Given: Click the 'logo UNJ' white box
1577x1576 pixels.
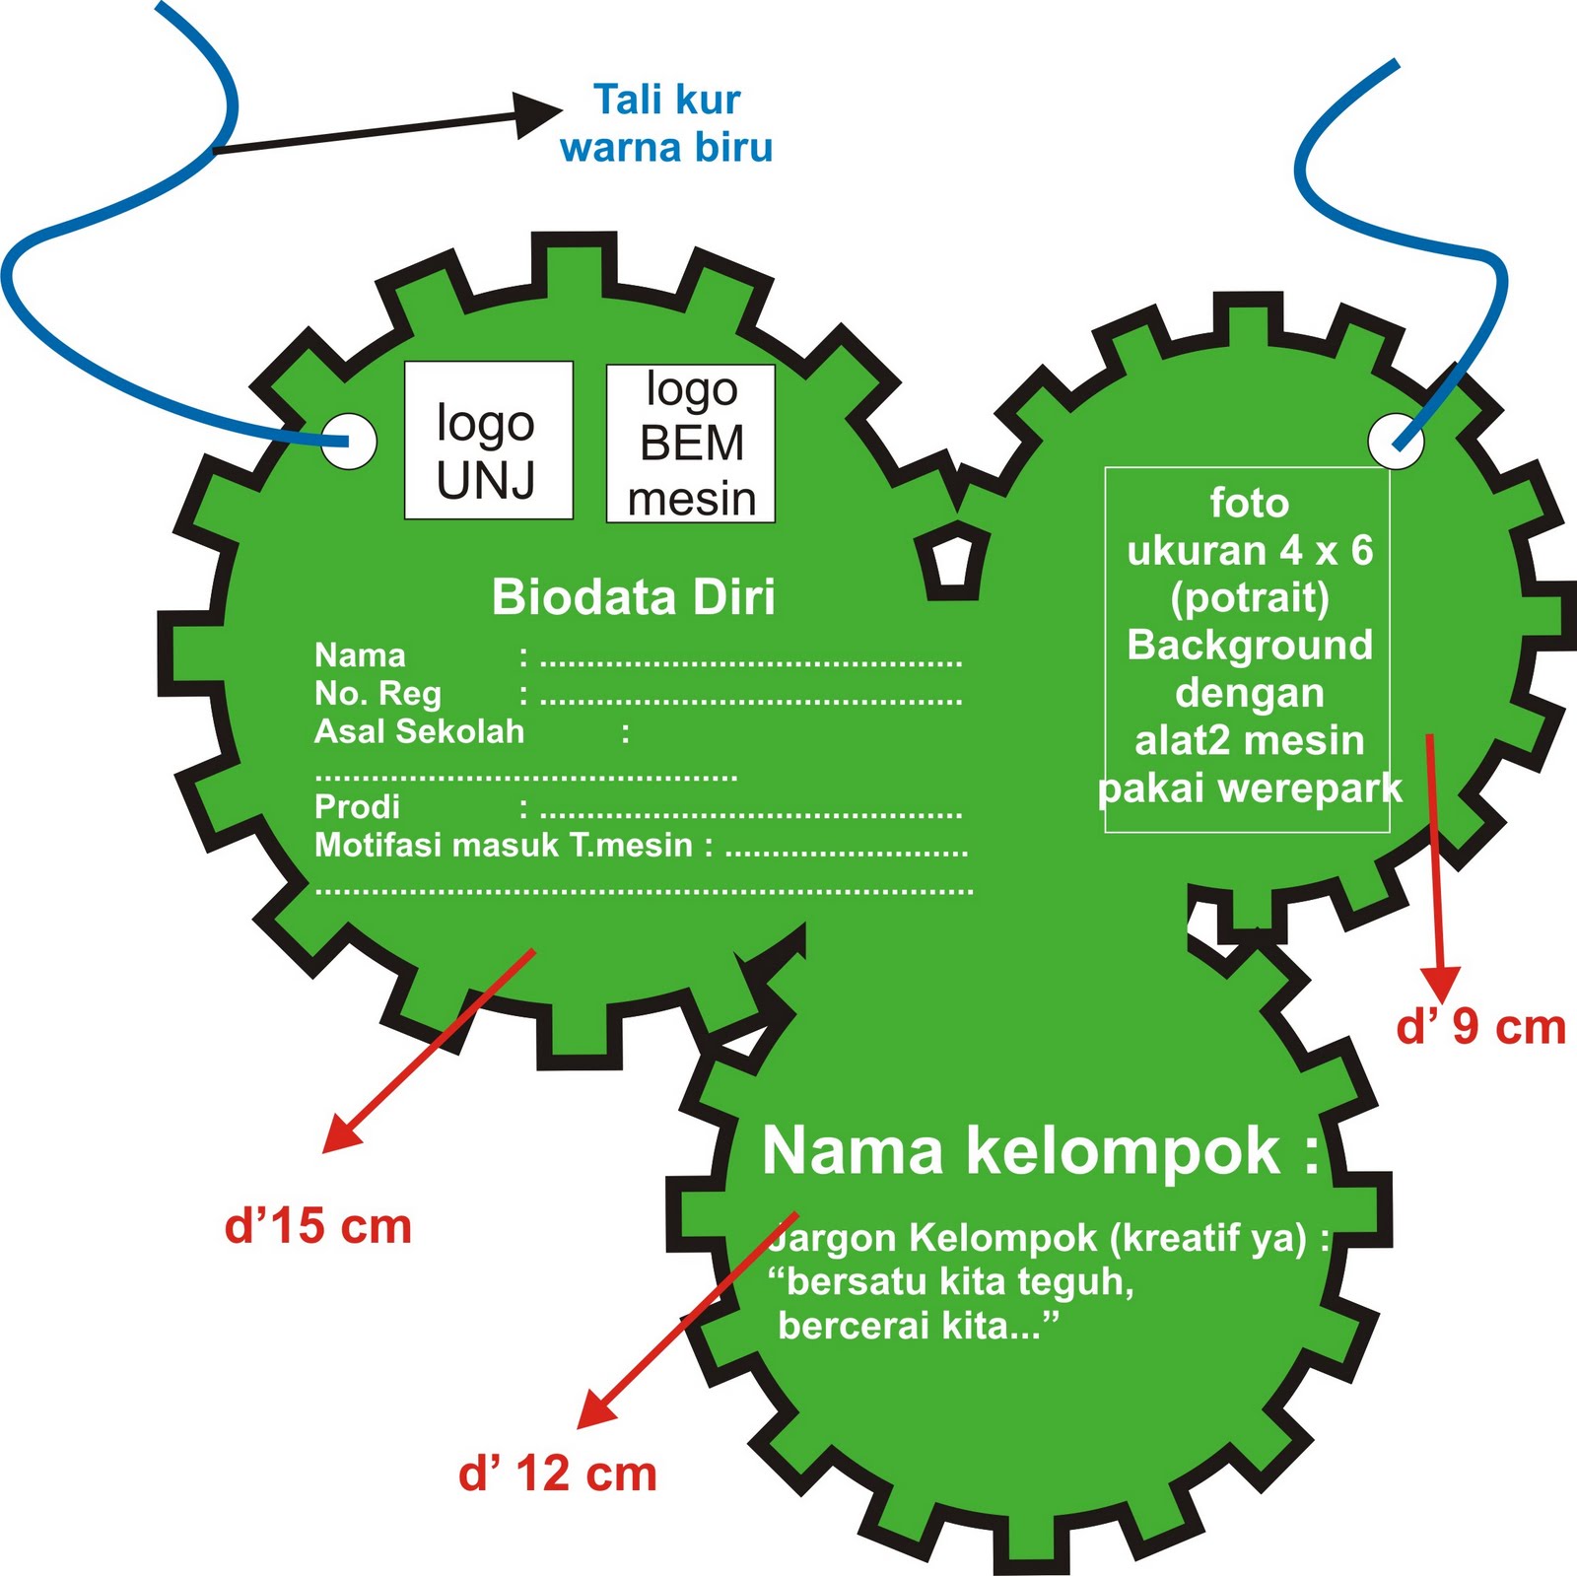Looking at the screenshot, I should pos(488,441).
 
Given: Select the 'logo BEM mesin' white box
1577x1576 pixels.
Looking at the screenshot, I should pos(690,444).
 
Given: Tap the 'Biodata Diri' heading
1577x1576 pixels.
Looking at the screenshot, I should pos(633,597).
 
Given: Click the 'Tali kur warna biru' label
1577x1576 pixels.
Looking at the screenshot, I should pos(666,123).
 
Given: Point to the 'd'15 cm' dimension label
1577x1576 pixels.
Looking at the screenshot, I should pos(317,1226).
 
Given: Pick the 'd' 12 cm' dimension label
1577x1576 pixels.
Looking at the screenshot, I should pos(557,1474).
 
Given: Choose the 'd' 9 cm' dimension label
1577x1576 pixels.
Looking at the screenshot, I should pos(1480,1027).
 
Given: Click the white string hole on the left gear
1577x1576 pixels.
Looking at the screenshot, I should pos(349,440).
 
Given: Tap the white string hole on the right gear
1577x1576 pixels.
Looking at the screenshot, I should pos(1396,441).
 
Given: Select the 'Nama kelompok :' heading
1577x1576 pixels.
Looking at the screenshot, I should pos(1040,1150).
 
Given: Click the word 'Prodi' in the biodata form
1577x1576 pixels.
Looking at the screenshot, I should pos(357,807).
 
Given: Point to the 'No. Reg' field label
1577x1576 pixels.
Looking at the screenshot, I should pos(377,694).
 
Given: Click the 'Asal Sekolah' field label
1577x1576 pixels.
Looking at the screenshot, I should pos(419,731).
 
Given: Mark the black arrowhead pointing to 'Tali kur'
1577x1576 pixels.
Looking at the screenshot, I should pos(538,114).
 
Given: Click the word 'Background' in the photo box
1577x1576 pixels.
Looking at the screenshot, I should pos(1249,646).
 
